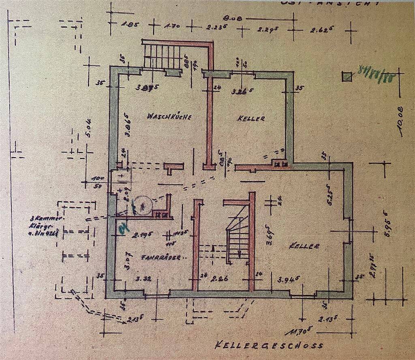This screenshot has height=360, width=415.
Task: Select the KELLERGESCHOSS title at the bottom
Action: [270, 346]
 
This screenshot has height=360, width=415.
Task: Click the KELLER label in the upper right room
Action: [251, 119]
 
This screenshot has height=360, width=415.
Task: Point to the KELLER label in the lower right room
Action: [305, 246]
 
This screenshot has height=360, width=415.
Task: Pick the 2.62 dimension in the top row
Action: [319, 30]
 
